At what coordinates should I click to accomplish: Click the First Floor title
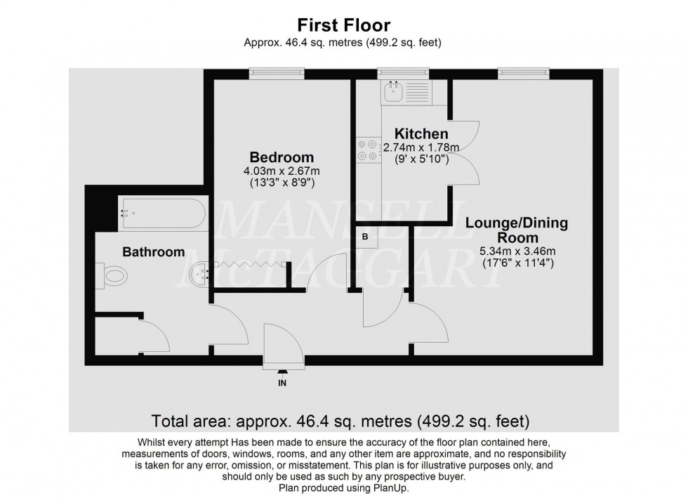[343, 25]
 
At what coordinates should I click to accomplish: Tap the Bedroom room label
[282, 157]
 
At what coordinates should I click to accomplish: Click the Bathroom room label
[154, 251]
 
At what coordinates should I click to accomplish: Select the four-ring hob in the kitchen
[367, 150]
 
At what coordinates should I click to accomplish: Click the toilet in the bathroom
[112, 277]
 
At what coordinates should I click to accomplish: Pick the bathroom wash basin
[199, 272]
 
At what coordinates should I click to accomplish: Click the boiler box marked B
[365, 237]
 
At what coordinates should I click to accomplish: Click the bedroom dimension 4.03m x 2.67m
[282, 171]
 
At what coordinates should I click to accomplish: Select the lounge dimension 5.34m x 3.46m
[517, 252]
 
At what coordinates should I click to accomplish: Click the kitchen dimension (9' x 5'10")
[421, 159]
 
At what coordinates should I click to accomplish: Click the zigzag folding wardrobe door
[250, 264]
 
